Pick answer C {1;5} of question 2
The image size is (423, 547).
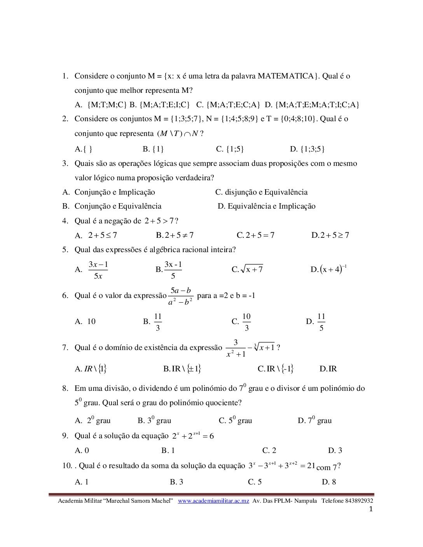230,149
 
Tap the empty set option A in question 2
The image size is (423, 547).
83,149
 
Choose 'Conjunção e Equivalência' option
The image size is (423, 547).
118,206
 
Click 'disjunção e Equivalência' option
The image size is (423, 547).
261,192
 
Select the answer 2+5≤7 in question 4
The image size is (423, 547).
103,235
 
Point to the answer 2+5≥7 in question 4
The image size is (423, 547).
330,235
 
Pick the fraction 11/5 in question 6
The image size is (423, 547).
321,322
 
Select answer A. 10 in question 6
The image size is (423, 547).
85,322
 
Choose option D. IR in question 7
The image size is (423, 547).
328,369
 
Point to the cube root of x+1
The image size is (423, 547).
265,347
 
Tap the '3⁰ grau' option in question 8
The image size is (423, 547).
155,420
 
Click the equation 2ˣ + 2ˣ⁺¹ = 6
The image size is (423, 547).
193,436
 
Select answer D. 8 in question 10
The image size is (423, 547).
329,482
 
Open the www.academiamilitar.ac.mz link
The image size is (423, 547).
213,501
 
